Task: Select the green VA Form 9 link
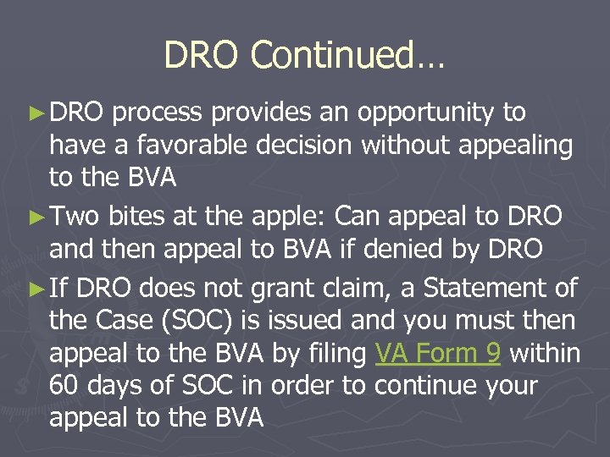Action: tap(437, 353)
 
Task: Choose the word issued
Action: tap(358, 322)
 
